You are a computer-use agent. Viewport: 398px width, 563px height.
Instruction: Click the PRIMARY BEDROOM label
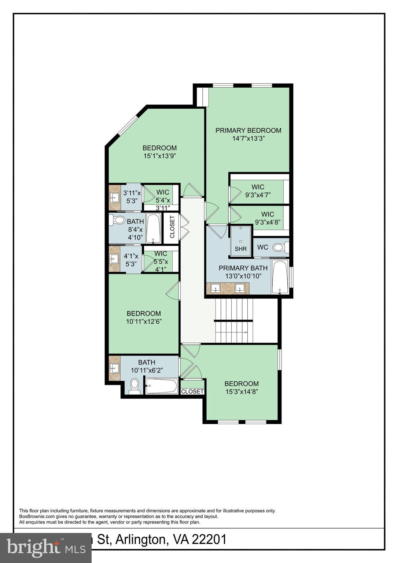click(x=248, y=130)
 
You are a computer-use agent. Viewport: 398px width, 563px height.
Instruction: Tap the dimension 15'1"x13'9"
click(x=159, y=155)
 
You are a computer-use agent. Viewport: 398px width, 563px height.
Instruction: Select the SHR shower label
click(x=241, y=249)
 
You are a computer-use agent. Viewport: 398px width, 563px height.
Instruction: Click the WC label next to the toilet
click(x=262, y=247)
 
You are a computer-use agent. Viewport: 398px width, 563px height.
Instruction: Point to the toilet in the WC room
click(x=279, y=247)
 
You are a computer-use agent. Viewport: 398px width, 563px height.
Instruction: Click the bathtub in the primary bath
click(x=280, y=277)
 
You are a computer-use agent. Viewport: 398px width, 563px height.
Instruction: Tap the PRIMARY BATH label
click(x=243, y=268)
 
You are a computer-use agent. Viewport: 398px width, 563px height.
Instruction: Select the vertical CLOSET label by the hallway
click(x=172, y=227)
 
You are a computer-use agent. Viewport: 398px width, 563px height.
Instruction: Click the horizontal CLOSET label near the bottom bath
click(x=192, y=391)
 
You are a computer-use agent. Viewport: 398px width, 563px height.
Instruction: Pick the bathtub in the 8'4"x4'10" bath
click(x=153, y=228)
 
